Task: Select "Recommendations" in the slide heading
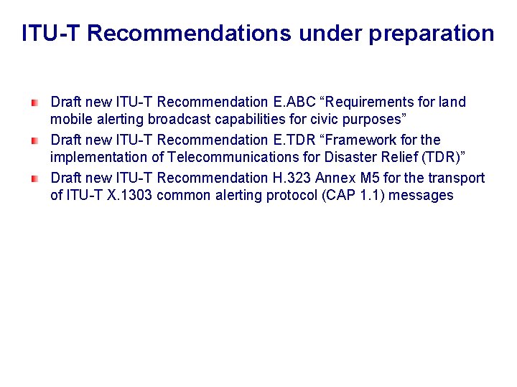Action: click(190, 34)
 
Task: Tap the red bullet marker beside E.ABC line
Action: click(33, 103)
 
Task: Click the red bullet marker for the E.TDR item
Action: click(33, 140)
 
